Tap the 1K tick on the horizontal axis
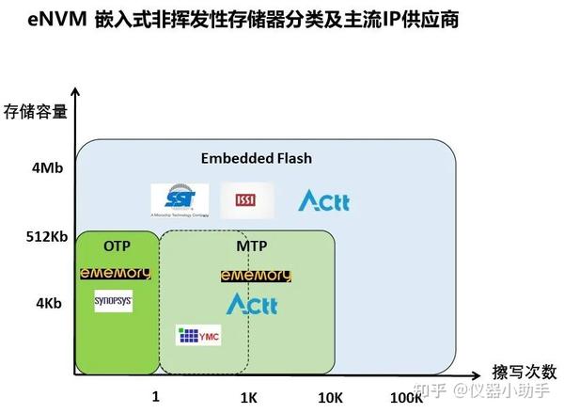(248, 398)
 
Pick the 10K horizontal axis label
(330, 398)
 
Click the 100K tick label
(406, 398)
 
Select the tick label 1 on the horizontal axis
(156, 397)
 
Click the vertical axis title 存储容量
(35, 112)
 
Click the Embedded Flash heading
(256, 158)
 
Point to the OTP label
(116, 246)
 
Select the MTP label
(251, 246)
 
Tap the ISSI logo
(247, 199)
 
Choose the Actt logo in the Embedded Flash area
(323, 199)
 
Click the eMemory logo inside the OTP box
(116, 273)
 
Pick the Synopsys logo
(114, 302)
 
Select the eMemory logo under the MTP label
(256, 276)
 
